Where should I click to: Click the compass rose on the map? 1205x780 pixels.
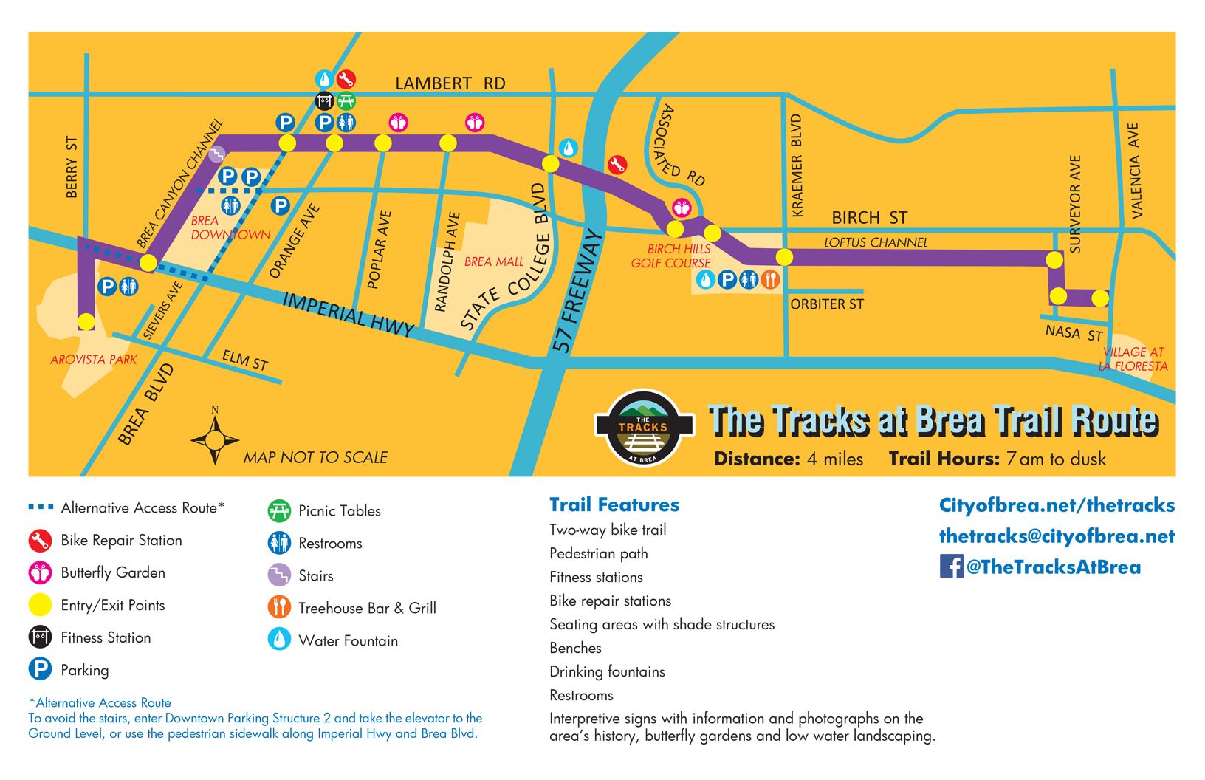(215, 440)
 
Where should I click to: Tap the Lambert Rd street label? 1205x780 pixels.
(450, 83)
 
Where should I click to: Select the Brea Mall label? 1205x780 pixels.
(493, 261)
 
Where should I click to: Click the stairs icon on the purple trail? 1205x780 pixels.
(216, 154)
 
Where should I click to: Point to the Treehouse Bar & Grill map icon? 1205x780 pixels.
(770, 279)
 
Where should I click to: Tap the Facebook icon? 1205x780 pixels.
(951, 567)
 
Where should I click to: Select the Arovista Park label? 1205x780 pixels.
(94, 360)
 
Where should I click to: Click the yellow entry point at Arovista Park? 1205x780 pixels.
(86, 321)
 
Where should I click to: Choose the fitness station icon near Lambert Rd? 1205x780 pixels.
(325, 100)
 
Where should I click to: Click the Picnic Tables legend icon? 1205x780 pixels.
(278, 510)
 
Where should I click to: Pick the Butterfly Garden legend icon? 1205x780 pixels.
(40, 572)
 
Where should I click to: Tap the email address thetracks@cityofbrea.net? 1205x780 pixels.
(1056, 536)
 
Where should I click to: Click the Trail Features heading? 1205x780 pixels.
(614, 504)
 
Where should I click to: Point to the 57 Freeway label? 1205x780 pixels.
(578, 292)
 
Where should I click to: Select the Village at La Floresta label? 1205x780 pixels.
(1133, 359)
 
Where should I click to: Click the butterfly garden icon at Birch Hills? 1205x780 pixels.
(681, 208)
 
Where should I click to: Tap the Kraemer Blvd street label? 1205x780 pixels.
(796, 165)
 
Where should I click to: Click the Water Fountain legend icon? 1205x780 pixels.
(278, 640)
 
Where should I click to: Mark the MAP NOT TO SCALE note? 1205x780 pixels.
(315, 457)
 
